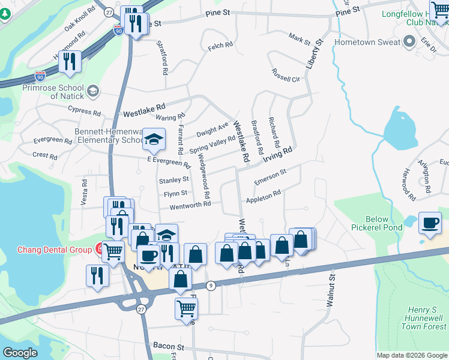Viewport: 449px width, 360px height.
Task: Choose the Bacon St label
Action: (x=167, y=347)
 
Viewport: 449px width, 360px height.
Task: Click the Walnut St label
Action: (x=330, y=291)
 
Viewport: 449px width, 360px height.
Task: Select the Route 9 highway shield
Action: (x=211, y=286)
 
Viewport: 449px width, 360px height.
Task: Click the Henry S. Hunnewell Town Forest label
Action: (x=423, y=319)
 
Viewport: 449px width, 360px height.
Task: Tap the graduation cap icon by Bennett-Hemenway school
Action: (x=154, y=141)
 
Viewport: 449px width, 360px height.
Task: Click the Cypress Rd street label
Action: (x=84, y=111)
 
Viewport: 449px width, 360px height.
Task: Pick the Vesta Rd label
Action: (x=84, y=191)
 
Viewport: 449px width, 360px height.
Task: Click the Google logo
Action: (x=20, y=353)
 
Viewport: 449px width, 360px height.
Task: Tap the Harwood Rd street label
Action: (x=408, y=184)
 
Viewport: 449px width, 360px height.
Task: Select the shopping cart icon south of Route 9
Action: (x=186, y=308)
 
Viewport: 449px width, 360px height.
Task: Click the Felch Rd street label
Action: (x=220, y=45)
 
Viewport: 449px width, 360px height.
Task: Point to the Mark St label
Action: (x=298, y=40)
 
